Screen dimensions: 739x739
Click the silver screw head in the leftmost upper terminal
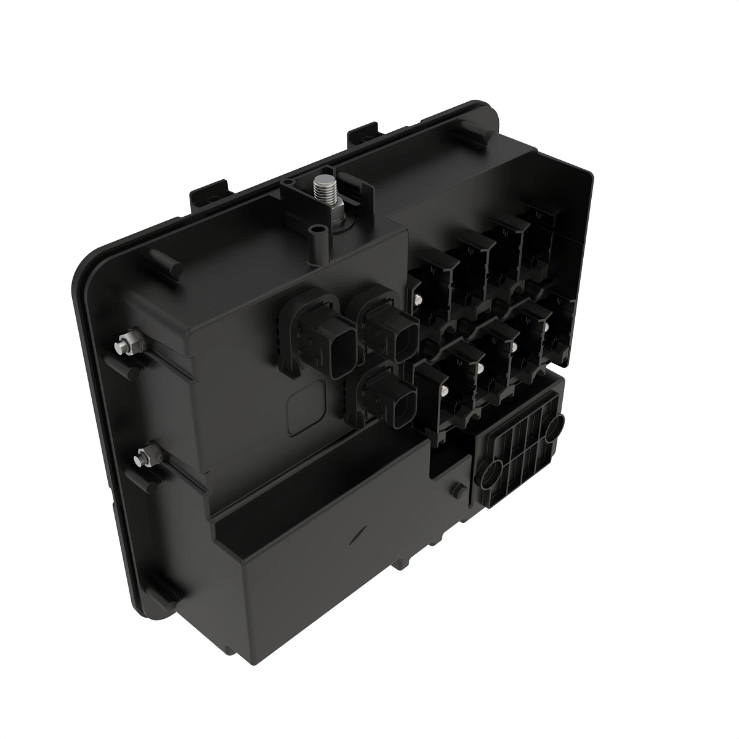click(418, 299)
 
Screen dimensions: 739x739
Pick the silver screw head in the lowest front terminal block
click(444, 393)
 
